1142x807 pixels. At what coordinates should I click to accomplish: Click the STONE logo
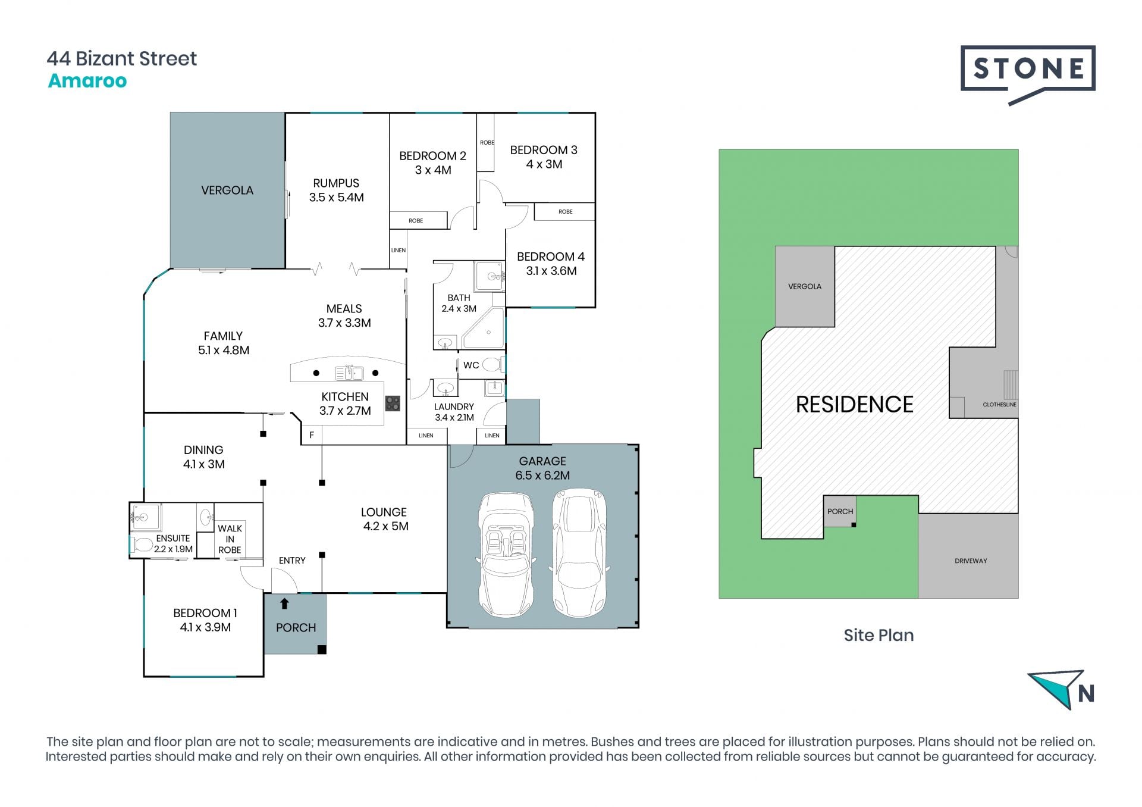(x=1028, y=74)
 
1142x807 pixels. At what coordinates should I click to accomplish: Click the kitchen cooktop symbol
(x=393, y=403)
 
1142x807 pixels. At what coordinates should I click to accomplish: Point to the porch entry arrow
(x=284, y=603)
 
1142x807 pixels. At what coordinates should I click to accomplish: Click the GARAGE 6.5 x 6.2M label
(x=542, y=468)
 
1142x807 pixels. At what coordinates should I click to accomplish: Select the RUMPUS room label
(x=336, y=190)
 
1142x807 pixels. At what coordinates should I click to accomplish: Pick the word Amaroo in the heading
(x=87, y=80)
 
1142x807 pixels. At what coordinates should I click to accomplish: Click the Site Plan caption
(x=879, y=635)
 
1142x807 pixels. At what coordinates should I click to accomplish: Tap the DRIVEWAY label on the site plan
(x=971, y=561)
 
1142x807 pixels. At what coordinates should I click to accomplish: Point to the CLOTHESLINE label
(x=999, y=405)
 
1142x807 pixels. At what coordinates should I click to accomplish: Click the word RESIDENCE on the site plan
(x=854, y=405)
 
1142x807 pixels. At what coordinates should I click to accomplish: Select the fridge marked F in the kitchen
(x=312, y=435)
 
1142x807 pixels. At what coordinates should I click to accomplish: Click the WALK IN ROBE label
(x=230, y=539)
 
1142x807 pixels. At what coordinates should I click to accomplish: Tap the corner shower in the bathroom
(x=484, y=327)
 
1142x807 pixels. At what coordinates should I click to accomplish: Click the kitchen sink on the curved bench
(x=349, y=373)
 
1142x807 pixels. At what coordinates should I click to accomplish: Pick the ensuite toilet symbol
(x=141, y=545)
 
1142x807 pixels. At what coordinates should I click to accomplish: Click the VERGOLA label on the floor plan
(x=227, y=190)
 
